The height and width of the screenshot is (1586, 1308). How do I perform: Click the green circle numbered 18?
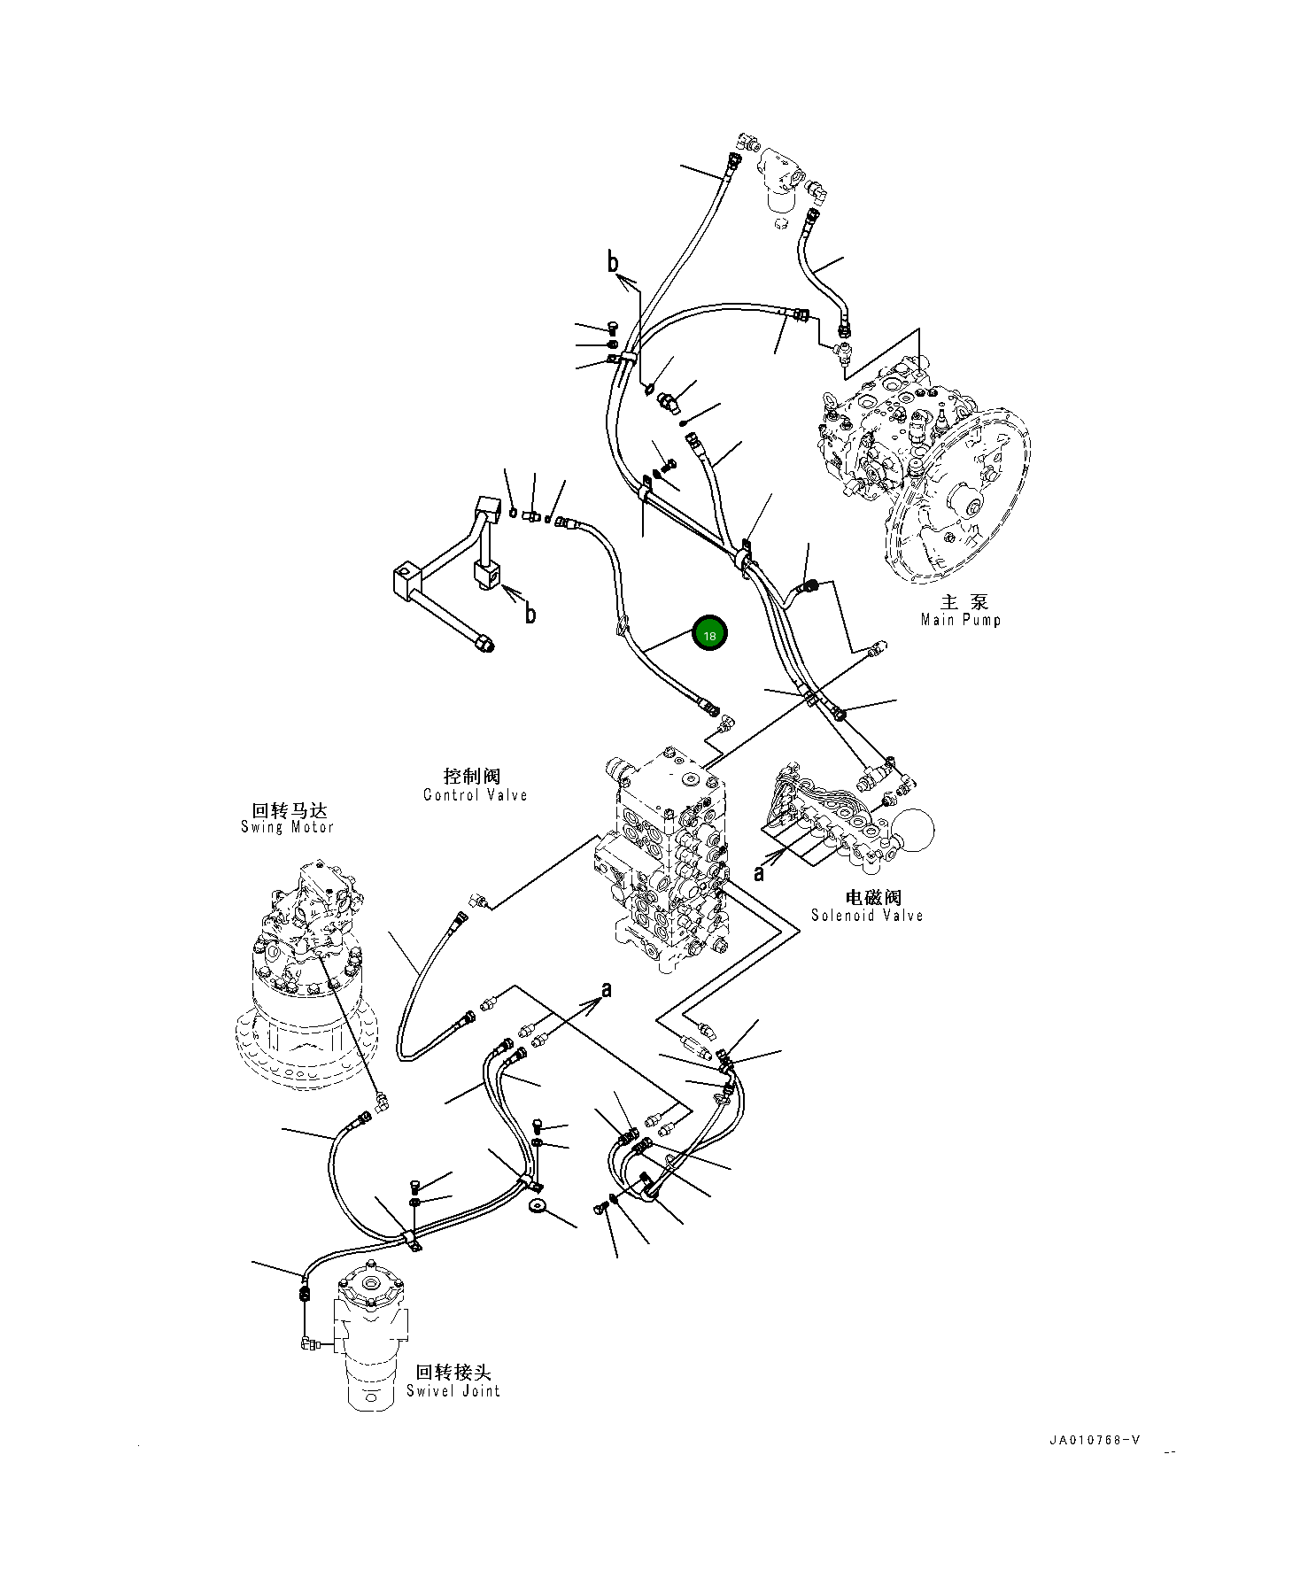click(x=709, y=634)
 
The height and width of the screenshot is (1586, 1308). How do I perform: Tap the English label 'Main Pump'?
click(x=960, y=620)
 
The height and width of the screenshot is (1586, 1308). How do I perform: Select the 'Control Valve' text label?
click(x=475, y=794)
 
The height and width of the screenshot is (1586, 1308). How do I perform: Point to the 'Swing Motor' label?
click(x=287, y=827)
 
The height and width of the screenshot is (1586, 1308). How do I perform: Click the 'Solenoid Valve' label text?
click(x=867, y=915)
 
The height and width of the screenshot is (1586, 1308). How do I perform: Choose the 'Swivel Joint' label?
click(x=453, y=1390)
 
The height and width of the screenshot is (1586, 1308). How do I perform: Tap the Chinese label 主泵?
click(x=964, y=602)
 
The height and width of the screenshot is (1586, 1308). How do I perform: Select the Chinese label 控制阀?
click(x=472, y=777)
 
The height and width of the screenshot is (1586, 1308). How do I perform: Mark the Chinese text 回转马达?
click(x=290, y=809)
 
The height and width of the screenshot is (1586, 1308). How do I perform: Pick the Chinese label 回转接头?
click(x=453, y=1373)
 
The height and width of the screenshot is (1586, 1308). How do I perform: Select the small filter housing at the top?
click(x=781, y=177)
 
